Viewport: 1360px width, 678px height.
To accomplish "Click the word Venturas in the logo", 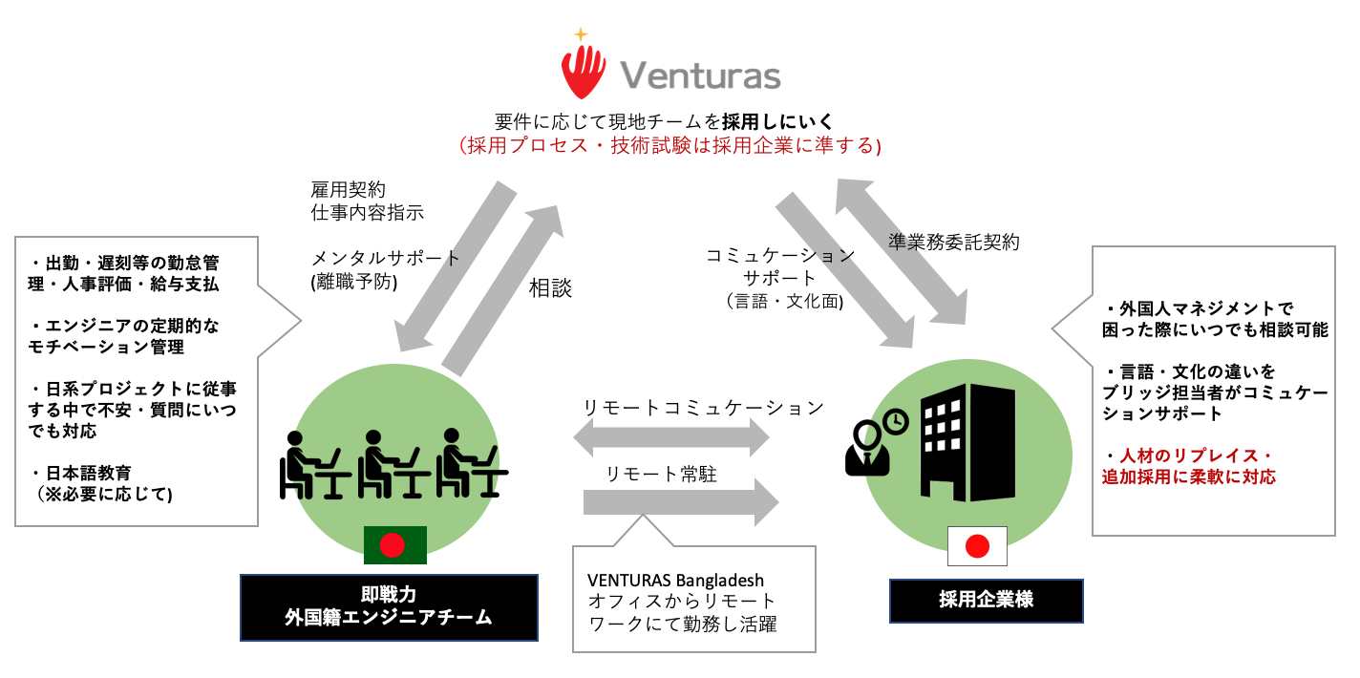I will click(x=700, y=75).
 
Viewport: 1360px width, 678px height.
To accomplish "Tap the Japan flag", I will click(x=976, y=546).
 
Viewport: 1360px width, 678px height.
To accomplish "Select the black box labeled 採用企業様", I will click(x=986, y=601).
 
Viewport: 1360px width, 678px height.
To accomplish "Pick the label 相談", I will click(x=550, y=288).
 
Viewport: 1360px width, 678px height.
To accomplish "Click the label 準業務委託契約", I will click(x=954, y=242).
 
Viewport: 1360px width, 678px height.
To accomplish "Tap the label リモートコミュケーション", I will click(x=703, y=408).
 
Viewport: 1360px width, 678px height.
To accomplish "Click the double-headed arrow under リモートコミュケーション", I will click(x=669, y=438).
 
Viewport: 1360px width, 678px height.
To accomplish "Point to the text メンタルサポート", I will click(x=386, y=259).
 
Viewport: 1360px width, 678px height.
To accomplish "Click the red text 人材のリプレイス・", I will click(x=1187, y=456).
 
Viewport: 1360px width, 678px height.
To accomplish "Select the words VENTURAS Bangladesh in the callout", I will click(x=675, y=580).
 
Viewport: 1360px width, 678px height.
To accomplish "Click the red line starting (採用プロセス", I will click(x=669, y=146).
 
